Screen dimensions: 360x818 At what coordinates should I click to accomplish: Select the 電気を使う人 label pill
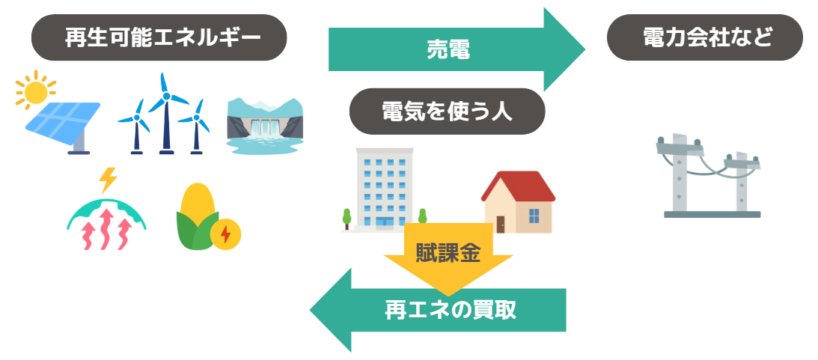click(447, 112)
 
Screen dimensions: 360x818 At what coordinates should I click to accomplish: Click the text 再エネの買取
click(451, 310)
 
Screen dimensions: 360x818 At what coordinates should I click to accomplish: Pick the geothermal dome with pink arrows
click(106, 222)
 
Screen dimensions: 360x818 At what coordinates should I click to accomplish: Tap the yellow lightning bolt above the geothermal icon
click(108, 180)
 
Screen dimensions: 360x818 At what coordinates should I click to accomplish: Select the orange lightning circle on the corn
click(225, 234)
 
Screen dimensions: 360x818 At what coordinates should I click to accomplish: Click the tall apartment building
click(385, 187)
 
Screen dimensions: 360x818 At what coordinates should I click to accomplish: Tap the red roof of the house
click(518, 186)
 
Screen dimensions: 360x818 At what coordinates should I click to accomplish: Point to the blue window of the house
click(534, 216)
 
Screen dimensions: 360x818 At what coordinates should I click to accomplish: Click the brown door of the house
click(500, 223)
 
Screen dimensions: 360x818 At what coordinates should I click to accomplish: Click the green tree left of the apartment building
click(347, 217)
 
